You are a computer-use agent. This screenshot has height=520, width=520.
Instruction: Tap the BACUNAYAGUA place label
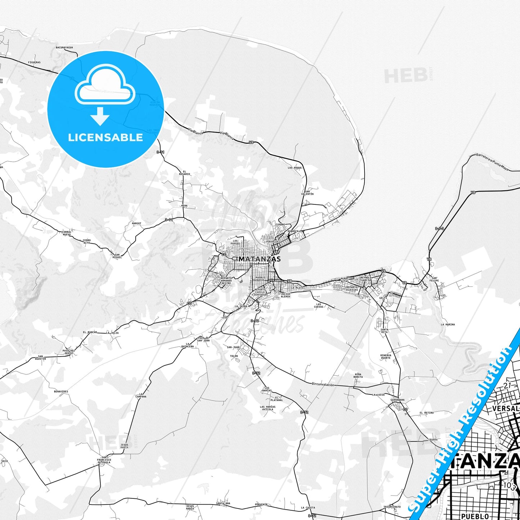coord(64,48)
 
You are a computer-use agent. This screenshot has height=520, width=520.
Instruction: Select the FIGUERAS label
coord(34,62)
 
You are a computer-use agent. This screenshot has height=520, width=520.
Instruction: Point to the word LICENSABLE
coord(105,137)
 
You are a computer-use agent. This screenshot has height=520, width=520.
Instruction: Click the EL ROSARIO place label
coord(185,173)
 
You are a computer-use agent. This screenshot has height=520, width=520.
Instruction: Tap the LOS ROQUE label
coord(295,168)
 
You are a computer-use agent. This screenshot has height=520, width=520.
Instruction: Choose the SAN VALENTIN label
coord(307,193)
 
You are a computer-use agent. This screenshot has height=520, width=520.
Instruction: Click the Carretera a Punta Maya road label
coord(492,162)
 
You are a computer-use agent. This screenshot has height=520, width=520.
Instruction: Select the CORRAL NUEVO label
coord(67,234)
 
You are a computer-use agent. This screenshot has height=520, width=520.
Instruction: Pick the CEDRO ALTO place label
coord(86,241)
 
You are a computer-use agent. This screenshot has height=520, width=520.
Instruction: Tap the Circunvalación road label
coord(323,385)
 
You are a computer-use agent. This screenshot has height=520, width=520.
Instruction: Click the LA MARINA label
coord(448,324)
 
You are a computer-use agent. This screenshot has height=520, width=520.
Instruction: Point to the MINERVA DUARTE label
coord(385,357)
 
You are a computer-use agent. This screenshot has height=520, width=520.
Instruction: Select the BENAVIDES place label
coord(61,391)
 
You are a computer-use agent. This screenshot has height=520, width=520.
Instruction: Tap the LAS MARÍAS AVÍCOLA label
coord(268,408)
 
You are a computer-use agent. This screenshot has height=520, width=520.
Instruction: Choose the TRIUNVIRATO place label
coord(392,506)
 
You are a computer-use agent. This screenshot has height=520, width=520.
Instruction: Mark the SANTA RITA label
coord(384,330)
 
